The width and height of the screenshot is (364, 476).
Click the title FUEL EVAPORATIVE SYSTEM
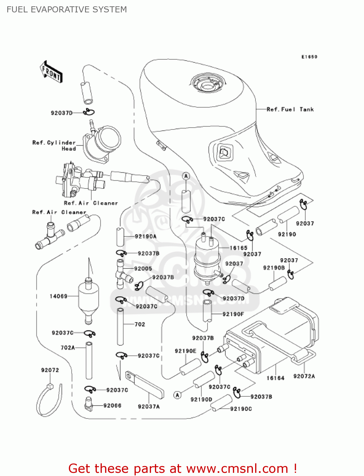point(67,10)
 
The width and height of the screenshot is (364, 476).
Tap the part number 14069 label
point(58,296)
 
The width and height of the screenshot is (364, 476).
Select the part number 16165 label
point(238,248)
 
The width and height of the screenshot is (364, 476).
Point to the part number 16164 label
point(275,378)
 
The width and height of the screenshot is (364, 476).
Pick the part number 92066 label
point(112,406)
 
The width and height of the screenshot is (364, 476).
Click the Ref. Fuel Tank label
point(290,109)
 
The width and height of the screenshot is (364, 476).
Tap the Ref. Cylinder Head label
point(54,145)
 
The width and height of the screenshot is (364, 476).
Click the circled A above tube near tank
point(186,176)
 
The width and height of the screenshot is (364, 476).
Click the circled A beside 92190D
point(178,395)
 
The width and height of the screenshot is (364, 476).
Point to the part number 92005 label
point(143,268)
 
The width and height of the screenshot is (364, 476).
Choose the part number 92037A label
point(149,407)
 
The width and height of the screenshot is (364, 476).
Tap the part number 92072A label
point(304,376)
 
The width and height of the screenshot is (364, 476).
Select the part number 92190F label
point(233,314)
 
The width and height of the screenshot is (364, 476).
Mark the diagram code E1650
point(309,57)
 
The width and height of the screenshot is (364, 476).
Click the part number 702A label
point(68,347)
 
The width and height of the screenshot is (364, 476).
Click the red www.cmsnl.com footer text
point(182,469)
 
